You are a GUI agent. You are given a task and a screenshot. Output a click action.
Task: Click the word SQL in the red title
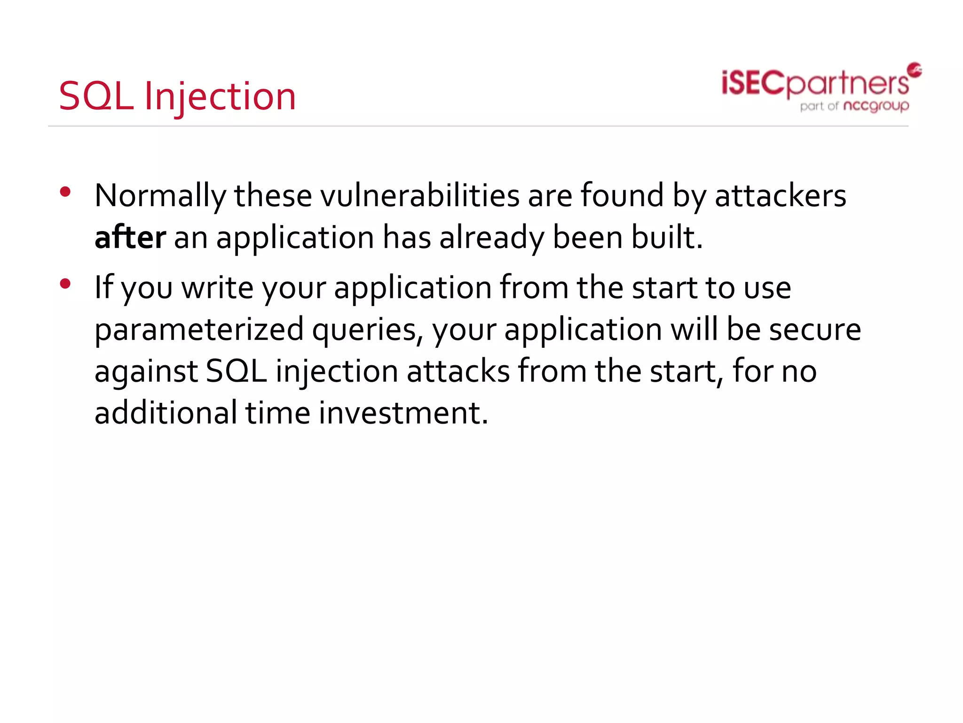tap(96, 96)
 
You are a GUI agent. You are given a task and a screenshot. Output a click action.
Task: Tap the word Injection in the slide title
tap(220, 97)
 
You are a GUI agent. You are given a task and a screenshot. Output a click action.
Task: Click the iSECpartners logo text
tap(814, 84)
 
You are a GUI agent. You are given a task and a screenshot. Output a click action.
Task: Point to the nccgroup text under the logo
tap(876, 106)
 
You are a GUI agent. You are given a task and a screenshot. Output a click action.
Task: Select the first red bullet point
tap(65, 192)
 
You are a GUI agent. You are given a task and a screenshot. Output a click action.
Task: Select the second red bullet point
tap(65, 283)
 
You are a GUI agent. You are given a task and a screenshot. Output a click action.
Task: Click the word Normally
tap(160, 196)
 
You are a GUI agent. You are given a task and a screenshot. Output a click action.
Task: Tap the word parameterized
tap(199, 329)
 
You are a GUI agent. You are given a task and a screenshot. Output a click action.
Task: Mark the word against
tap(146, 372)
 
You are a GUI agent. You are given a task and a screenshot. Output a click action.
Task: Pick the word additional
tap(166, 413)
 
